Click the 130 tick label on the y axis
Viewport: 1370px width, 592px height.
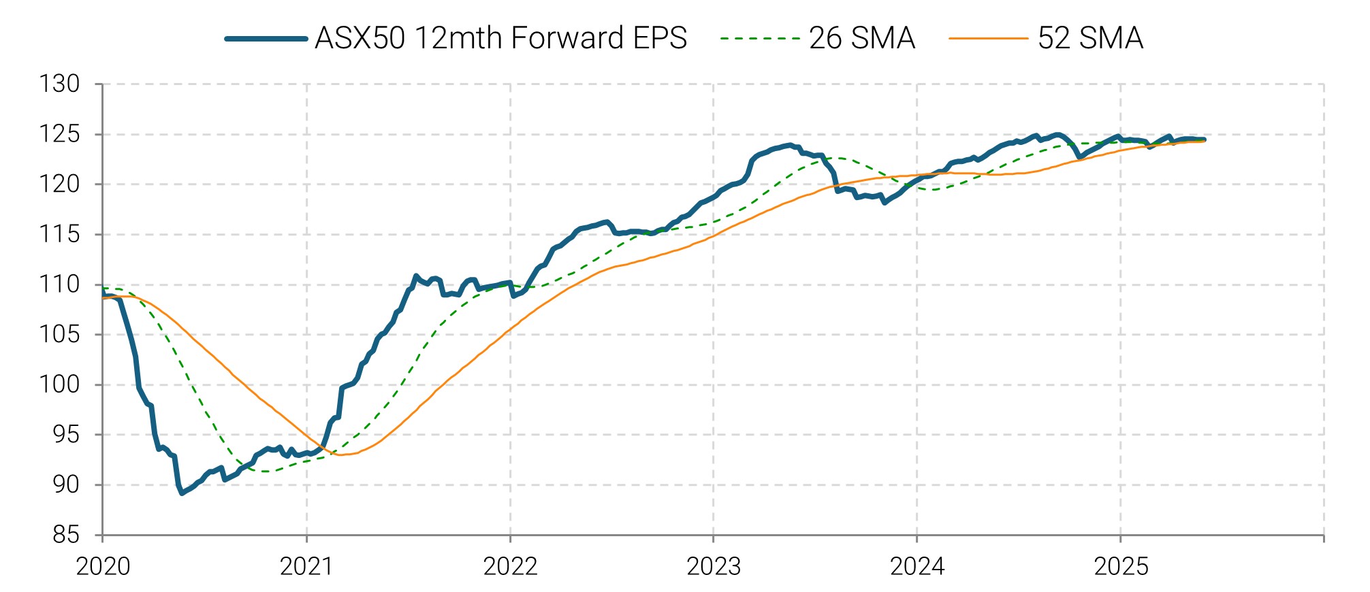tap(59, 84)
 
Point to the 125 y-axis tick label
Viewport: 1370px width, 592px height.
tap(59, 134)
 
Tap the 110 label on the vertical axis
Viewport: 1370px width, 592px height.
tap(59, 284)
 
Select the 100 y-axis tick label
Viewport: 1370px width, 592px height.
tap(59, 384)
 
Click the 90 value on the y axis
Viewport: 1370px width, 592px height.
tap(66, 484)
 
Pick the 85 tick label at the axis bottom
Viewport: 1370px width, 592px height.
tap(66, 535)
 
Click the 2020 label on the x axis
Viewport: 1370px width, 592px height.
tap(103, 566)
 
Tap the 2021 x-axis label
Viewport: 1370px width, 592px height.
tap(306, 566)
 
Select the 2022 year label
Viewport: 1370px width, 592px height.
tap(510, 566)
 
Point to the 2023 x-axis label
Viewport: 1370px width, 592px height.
tap(714, 566)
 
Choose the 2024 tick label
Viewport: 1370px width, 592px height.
tap(917, 566)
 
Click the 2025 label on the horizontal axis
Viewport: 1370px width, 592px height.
tap(1121, 566)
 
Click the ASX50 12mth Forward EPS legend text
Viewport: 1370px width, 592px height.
tap(500, 38)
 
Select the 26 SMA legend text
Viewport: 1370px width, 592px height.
tap(861, 38)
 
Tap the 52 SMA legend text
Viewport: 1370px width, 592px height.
tap(1090, 38)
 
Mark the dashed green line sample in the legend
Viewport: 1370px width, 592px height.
tap(759, 39)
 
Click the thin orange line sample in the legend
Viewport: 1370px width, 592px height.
tap(988, 39)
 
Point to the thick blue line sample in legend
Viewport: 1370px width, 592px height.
tap(266, 39)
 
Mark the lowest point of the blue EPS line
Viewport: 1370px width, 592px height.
tap(182, 493)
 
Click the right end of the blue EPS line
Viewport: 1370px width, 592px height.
tap(1205, 139)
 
